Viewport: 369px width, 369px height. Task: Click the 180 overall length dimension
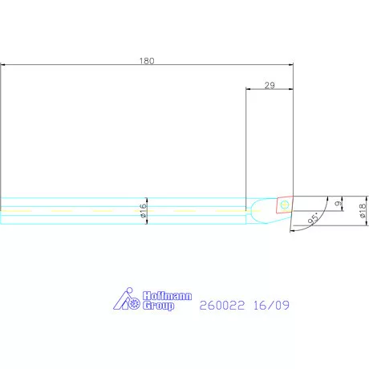point(146,60)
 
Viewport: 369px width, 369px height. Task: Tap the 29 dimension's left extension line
point(246,144)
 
